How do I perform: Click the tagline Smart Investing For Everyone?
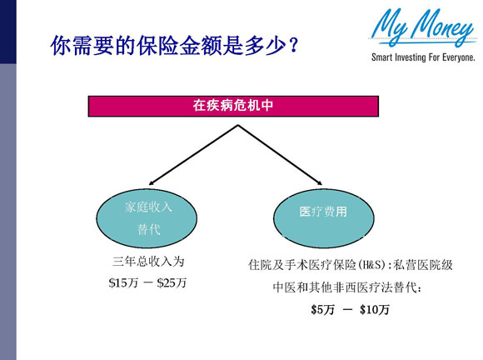point(424,58)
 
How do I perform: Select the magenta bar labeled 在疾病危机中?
point(239,107)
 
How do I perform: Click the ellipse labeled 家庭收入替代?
point(148,217)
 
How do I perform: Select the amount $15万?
point(123,282)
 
